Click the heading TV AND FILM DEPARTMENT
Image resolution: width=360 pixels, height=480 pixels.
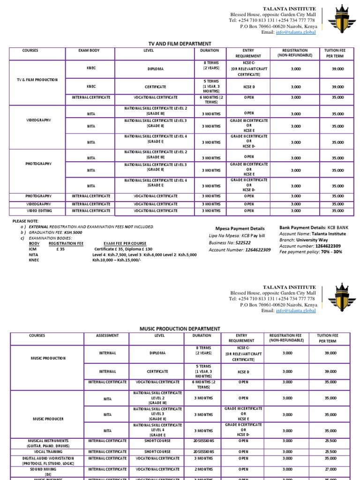(x=180, y=44)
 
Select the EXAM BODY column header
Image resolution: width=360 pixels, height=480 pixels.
(x=89, y=50)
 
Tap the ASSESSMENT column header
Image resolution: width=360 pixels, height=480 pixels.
(x=107, y=336)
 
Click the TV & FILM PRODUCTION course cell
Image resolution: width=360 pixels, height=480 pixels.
(x=37, y=80)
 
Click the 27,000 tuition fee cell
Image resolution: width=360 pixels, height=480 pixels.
(x=330, y=469)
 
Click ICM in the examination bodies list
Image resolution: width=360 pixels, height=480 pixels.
(x=32, y=249)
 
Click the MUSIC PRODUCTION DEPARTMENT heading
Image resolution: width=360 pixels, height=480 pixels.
(x=180, y=329)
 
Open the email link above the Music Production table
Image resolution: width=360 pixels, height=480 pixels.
(x=295, y=310)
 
